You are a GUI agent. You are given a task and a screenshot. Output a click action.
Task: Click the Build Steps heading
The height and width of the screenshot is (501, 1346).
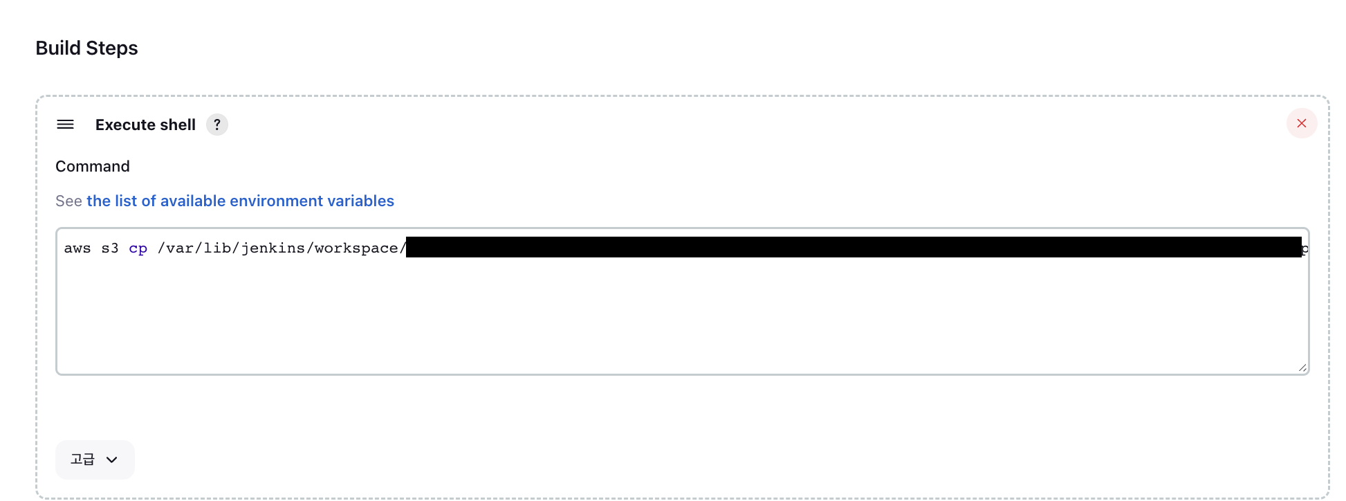click(x=86, y=48)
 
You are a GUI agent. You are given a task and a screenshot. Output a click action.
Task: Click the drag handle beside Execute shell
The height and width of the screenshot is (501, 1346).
click(x=65, y=125)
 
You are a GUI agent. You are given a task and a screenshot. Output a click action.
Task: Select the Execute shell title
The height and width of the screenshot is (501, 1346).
click(x=145, y=125)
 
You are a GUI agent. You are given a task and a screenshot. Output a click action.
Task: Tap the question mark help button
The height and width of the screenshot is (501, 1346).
click(x=217, y=125)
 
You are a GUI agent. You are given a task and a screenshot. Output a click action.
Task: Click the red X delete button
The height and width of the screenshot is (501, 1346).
click(x=1301, y=123)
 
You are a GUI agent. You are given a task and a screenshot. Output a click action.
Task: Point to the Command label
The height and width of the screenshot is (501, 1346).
click(x=93, y=166)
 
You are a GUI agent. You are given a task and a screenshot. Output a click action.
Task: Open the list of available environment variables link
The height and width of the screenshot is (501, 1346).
click(x=240, y=201)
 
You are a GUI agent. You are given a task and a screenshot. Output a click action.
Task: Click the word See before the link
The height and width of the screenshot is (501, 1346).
click(x=68, y=201)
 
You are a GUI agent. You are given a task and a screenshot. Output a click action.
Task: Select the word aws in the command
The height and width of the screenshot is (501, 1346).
click(x=77, y=248)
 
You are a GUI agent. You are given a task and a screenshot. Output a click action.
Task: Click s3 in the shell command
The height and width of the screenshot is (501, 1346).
click(x=110, y=248)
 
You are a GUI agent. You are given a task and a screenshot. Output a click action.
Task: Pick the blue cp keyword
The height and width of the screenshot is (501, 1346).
click(x=138, y=248)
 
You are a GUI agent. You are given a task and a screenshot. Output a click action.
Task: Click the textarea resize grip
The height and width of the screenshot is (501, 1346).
click(x=1302, y=367)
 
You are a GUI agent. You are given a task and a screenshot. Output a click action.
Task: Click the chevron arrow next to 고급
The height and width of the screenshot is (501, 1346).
click(x=112, y=459)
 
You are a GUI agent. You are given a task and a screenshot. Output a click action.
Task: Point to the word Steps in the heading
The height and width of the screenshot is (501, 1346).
click(x=112, y=48)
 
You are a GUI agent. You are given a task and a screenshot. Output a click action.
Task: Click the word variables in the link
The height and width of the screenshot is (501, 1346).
click(x=360, y=201)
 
